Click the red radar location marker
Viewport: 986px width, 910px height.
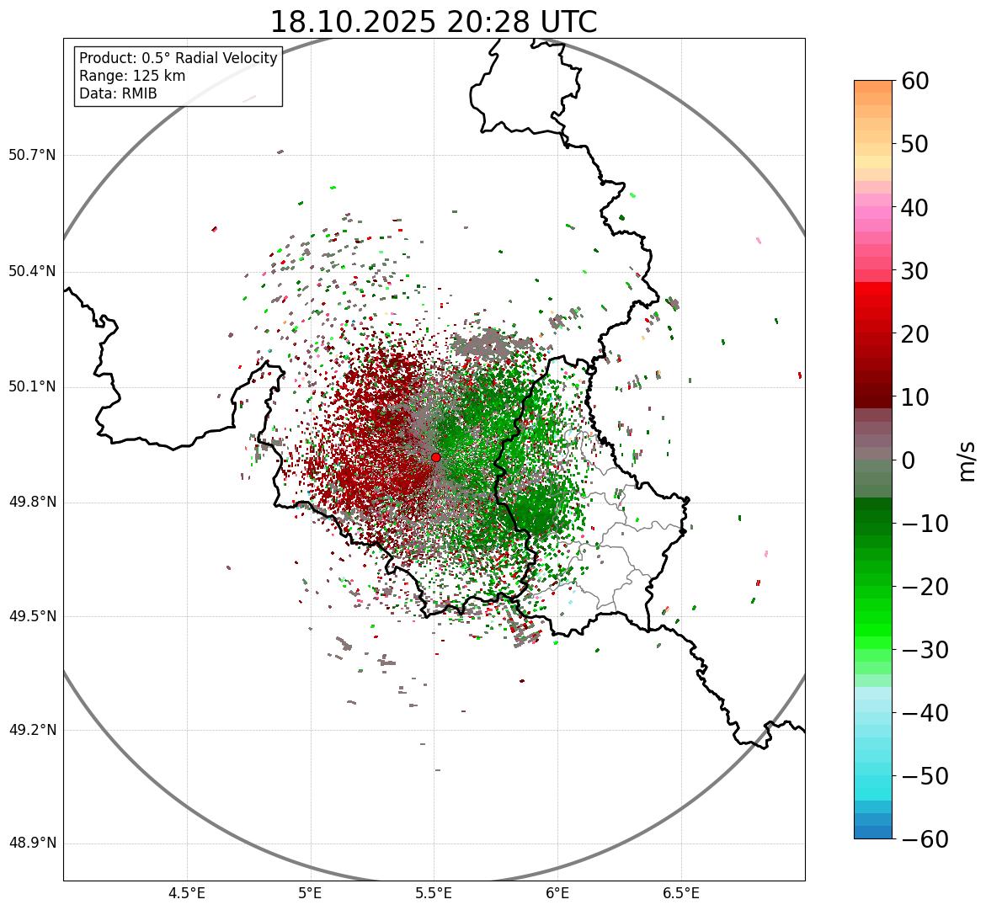[x=435, y=457]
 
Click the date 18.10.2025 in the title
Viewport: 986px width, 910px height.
[x=353, y=22]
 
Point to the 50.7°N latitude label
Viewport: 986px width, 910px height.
[x=32, y=155]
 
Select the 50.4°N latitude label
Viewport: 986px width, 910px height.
[x=32, y=271]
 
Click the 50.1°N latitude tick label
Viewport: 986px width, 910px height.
[x=32, y=387]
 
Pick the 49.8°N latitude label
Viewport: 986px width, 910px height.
[x=32, y=503]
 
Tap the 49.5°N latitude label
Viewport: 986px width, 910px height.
[x=32, y=616]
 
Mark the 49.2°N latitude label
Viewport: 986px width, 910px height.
[x=32, y=730]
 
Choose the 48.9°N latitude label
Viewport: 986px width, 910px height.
[x=32, y=843]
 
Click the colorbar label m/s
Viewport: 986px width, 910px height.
[x=968, y=460]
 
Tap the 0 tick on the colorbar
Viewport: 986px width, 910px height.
[x=909, y=460]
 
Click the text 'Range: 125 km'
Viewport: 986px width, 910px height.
[x=132, y=76]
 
